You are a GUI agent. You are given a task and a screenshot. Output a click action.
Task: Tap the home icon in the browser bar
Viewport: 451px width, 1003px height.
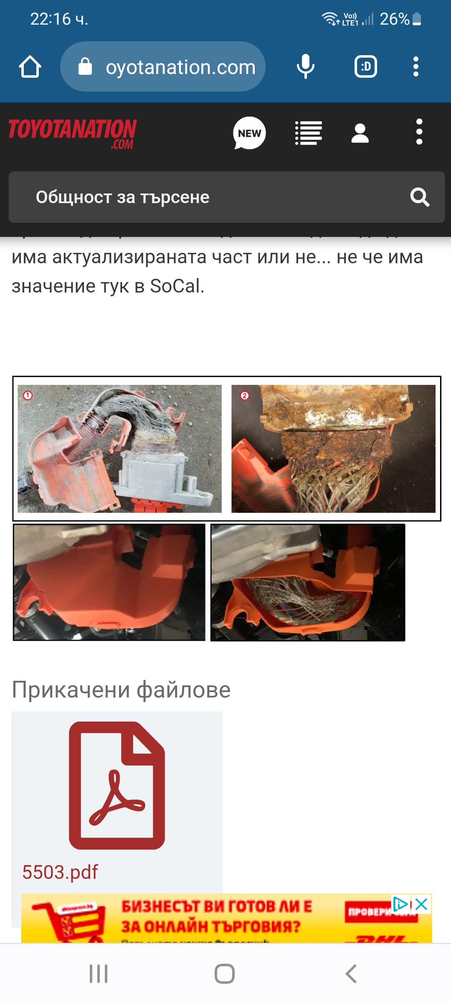coord(30,67)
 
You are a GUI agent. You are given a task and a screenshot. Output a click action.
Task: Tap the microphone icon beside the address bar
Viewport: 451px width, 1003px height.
coord(305,67)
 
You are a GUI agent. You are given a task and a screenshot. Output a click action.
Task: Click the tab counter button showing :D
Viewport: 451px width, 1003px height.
coord(366,67)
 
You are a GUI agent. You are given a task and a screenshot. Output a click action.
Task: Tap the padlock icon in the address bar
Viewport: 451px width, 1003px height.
coord(85,67)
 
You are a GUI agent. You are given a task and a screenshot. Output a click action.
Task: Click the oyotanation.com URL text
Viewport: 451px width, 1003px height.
coord(180,67)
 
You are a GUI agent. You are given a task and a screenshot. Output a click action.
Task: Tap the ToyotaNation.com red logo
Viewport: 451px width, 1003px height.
coord(73,133)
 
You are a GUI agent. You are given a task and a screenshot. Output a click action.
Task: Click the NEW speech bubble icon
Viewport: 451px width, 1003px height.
coord(249,133)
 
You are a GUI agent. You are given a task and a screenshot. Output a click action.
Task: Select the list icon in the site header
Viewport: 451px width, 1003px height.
coord(308,133)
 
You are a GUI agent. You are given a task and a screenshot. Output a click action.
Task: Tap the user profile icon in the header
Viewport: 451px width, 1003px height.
coord(360,133)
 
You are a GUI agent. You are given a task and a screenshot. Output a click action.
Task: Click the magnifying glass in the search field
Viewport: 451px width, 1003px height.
coord(419,197)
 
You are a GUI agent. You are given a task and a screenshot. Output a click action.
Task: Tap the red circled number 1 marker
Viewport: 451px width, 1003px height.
coord(28,395)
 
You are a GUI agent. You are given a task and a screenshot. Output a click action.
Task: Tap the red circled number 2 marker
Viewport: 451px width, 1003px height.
coord(245,395)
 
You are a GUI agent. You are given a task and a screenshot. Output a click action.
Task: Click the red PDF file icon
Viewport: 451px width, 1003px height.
coord(117,785)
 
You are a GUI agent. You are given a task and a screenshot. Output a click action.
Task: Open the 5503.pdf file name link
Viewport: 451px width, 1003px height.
coord(60,872)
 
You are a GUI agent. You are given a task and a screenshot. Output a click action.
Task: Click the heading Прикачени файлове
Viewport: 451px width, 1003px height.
coord(121,690)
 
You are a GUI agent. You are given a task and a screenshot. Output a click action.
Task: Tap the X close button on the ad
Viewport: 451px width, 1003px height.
coord(422,904)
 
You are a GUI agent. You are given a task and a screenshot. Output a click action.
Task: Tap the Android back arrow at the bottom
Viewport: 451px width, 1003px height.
coord(351,974)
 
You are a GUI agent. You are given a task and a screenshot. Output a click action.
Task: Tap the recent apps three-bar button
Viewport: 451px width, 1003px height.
coord(99,974)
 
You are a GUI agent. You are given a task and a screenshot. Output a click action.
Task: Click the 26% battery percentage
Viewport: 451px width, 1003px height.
coord(394,19)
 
